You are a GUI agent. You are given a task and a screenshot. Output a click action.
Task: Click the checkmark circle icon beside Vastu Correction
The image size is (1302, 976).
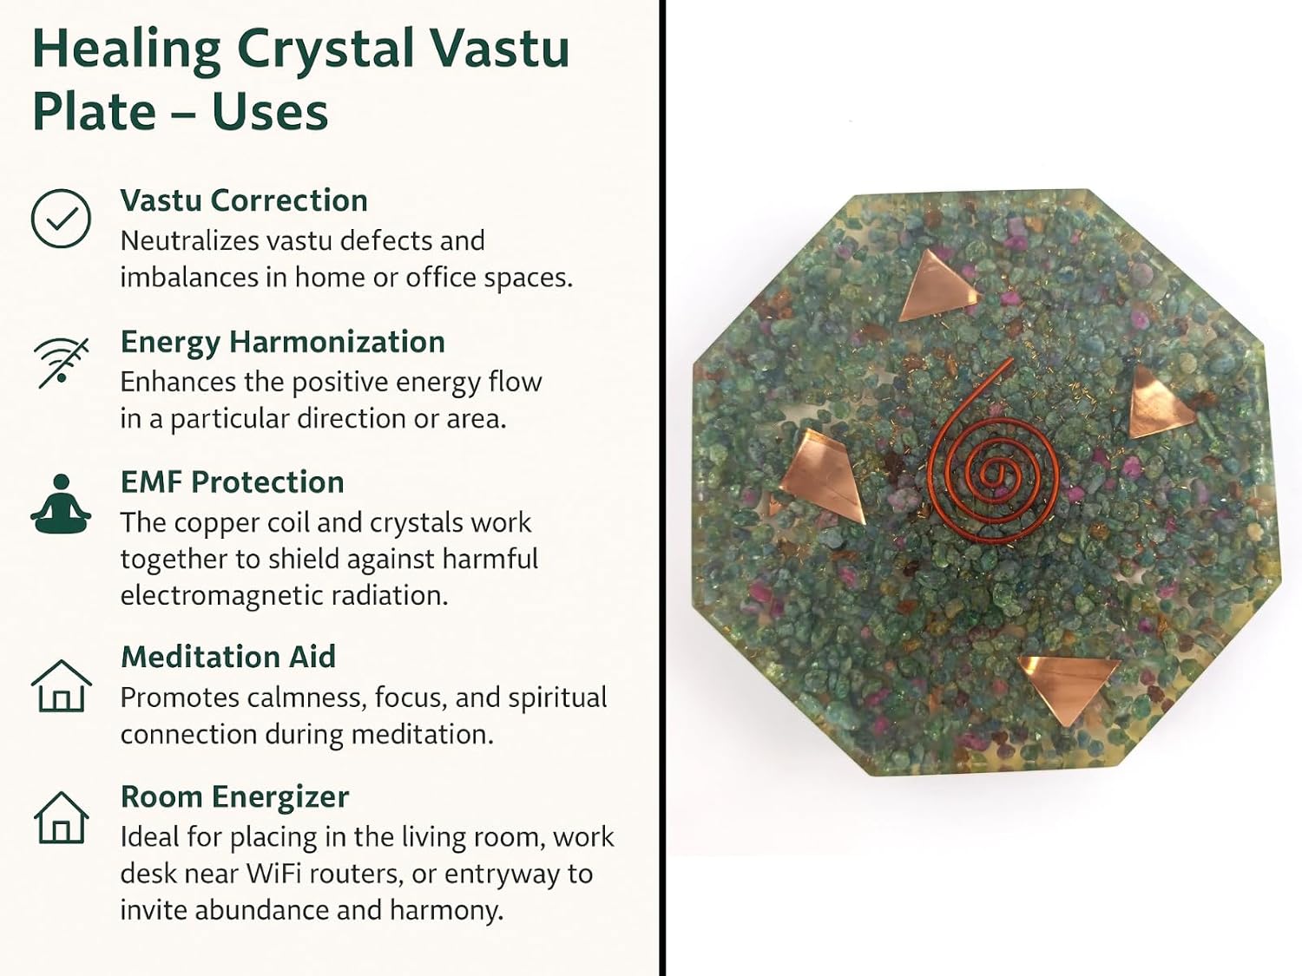61,218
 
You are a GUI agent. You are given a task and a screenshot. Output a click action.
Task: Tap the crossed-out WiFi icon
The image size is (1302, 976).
62,363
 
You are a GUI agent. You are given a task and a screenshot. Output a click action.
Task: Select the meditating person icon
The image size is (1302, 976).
61,504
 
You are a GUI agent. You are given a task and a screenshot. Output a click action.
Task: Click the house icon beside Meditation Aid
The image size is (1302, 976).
61,685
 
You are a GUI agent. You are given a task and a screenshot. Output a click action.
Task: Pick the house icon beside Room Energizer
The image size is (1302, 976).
61,817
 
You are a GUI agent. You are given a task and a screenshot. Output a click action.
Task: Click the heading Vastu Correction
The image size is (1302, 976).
244,200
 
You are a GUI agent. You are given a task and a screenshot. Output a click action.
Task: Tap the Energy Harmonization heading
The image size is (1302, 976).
282,343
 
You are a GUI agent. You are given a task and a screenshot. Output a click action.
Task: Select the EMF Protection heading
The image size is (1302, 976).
232,481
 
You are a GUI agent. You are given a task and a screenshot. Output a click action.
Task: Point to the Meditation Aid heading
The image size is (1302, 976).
228,657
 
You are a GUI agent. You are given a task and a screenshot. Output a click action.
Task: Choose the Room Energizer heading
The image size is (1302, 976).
235,797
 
